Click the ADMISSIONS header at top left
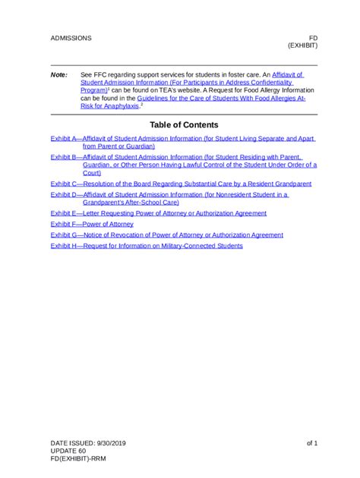[71, 37]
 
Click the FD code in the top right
[312, 37]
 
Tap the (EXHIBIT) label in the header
[302, 46]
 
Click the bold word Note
[58, 75]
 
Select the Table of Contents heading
[184, 124]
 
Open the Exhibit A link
[182, 139]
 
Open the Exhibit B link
[182, 156]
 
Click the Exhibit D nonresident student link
[175, 194]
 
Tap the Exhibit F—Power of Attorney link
[92, 225]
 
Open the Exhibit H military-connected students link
[147, 246]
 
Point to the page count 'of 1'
[311, 442]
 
